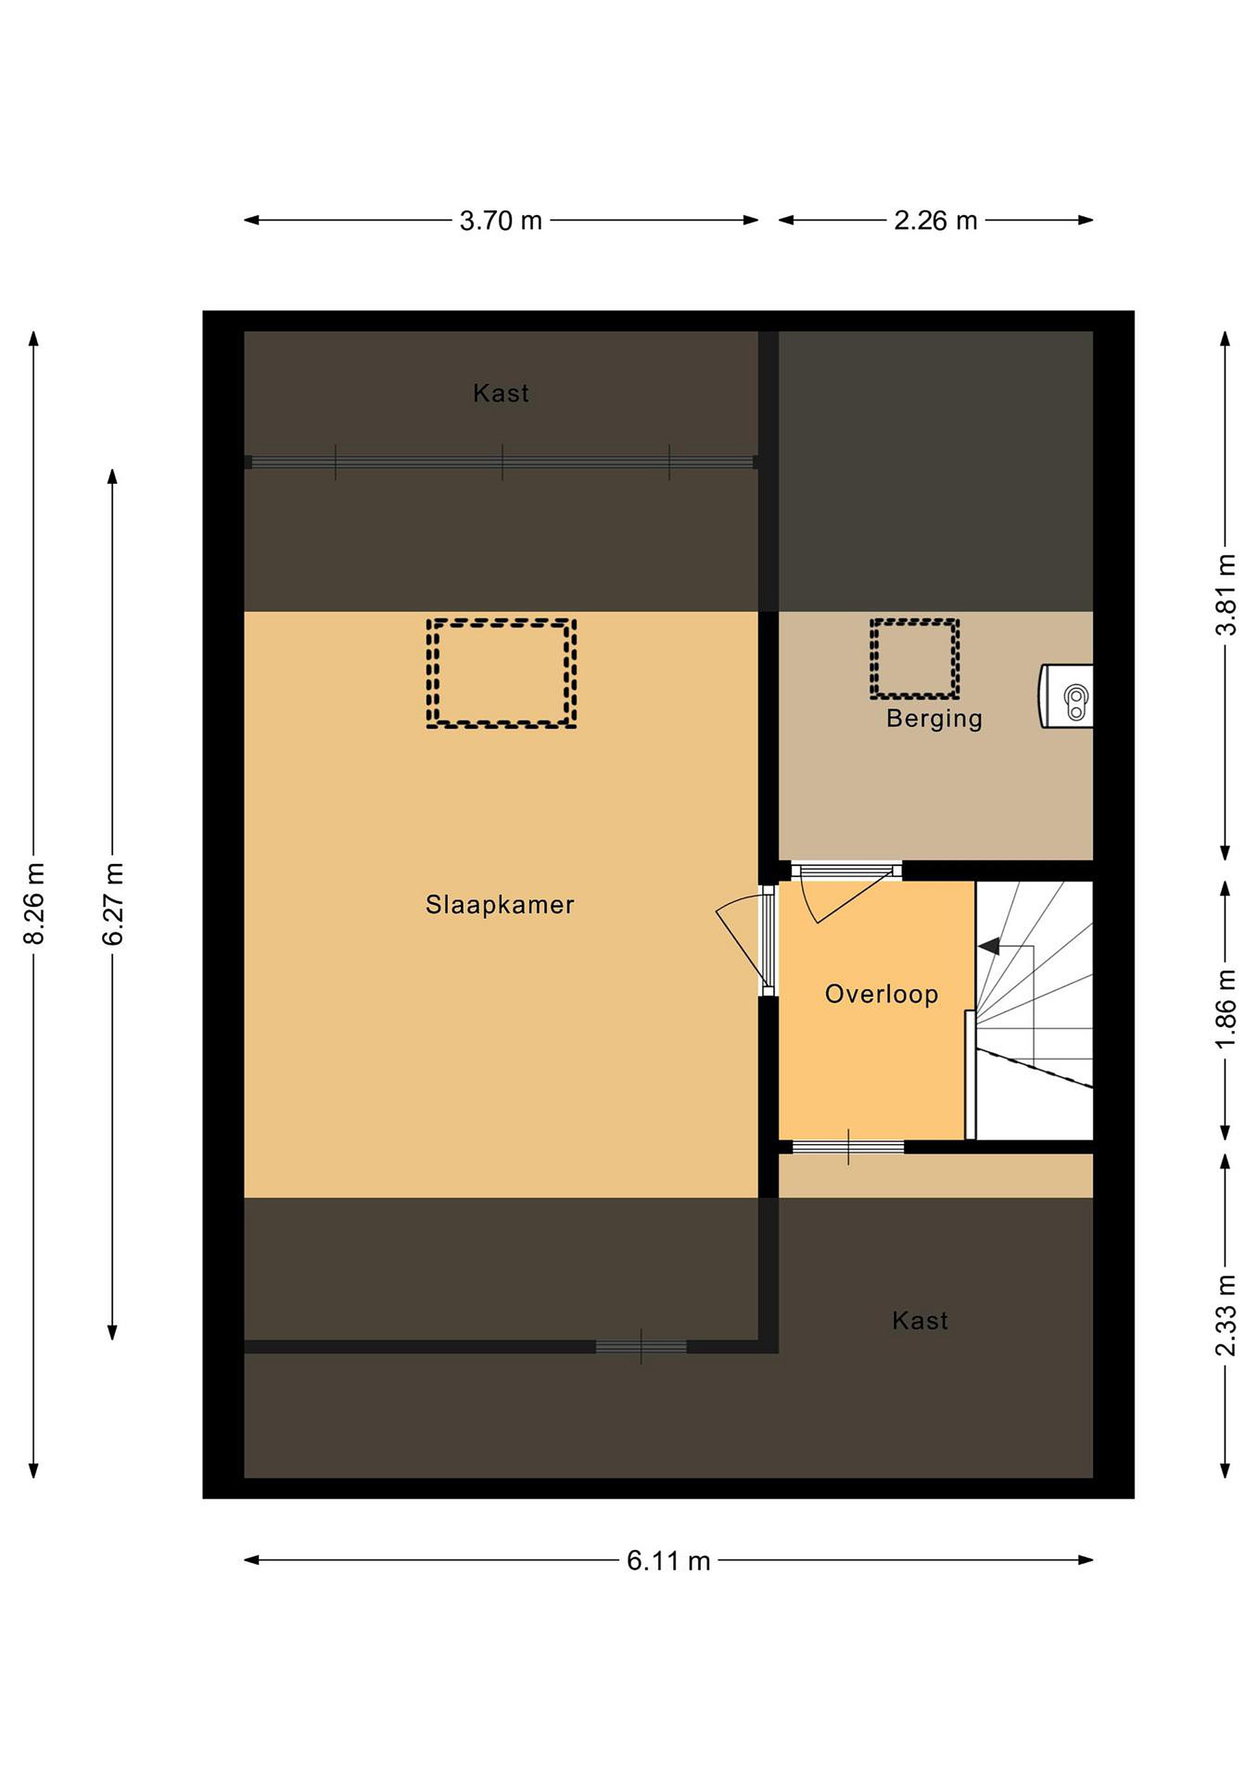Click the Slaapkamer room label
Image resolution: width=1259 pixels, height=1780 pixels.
click(500, 905)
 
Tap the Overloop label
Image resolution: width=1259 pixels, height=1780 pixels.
click(881, 994)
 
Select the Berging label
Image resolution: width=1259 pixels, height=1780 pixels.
click(934, 719)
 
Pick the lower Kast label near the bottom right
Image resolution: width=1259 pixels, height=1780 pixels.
click(920, 1320)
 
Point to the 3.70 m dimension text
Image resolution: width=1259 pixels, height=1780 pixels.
click(501, 221)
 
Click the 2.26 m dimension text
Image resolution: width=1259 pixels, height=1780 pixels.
click(936, 221)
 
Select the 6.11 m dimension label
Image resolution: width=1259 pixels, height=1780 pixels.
click(669, 1561)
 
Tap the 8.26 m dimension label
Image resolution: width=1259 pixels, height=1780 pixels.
click(35, 903)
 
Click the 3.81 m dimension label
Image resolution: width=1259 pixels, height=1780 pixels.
click(1226, 595)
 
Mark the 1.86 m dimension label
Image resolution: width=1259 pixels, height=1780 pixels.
click(1226, 1009)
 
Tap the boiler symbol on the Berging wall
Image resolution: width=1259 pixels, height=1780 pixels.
click(1067, 695)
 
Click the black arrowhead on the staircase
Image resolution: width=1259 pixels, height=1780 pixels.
click(988, 946)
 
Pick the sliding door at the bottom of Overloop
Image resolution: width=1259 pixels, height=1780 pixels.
click(848, 1146)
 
